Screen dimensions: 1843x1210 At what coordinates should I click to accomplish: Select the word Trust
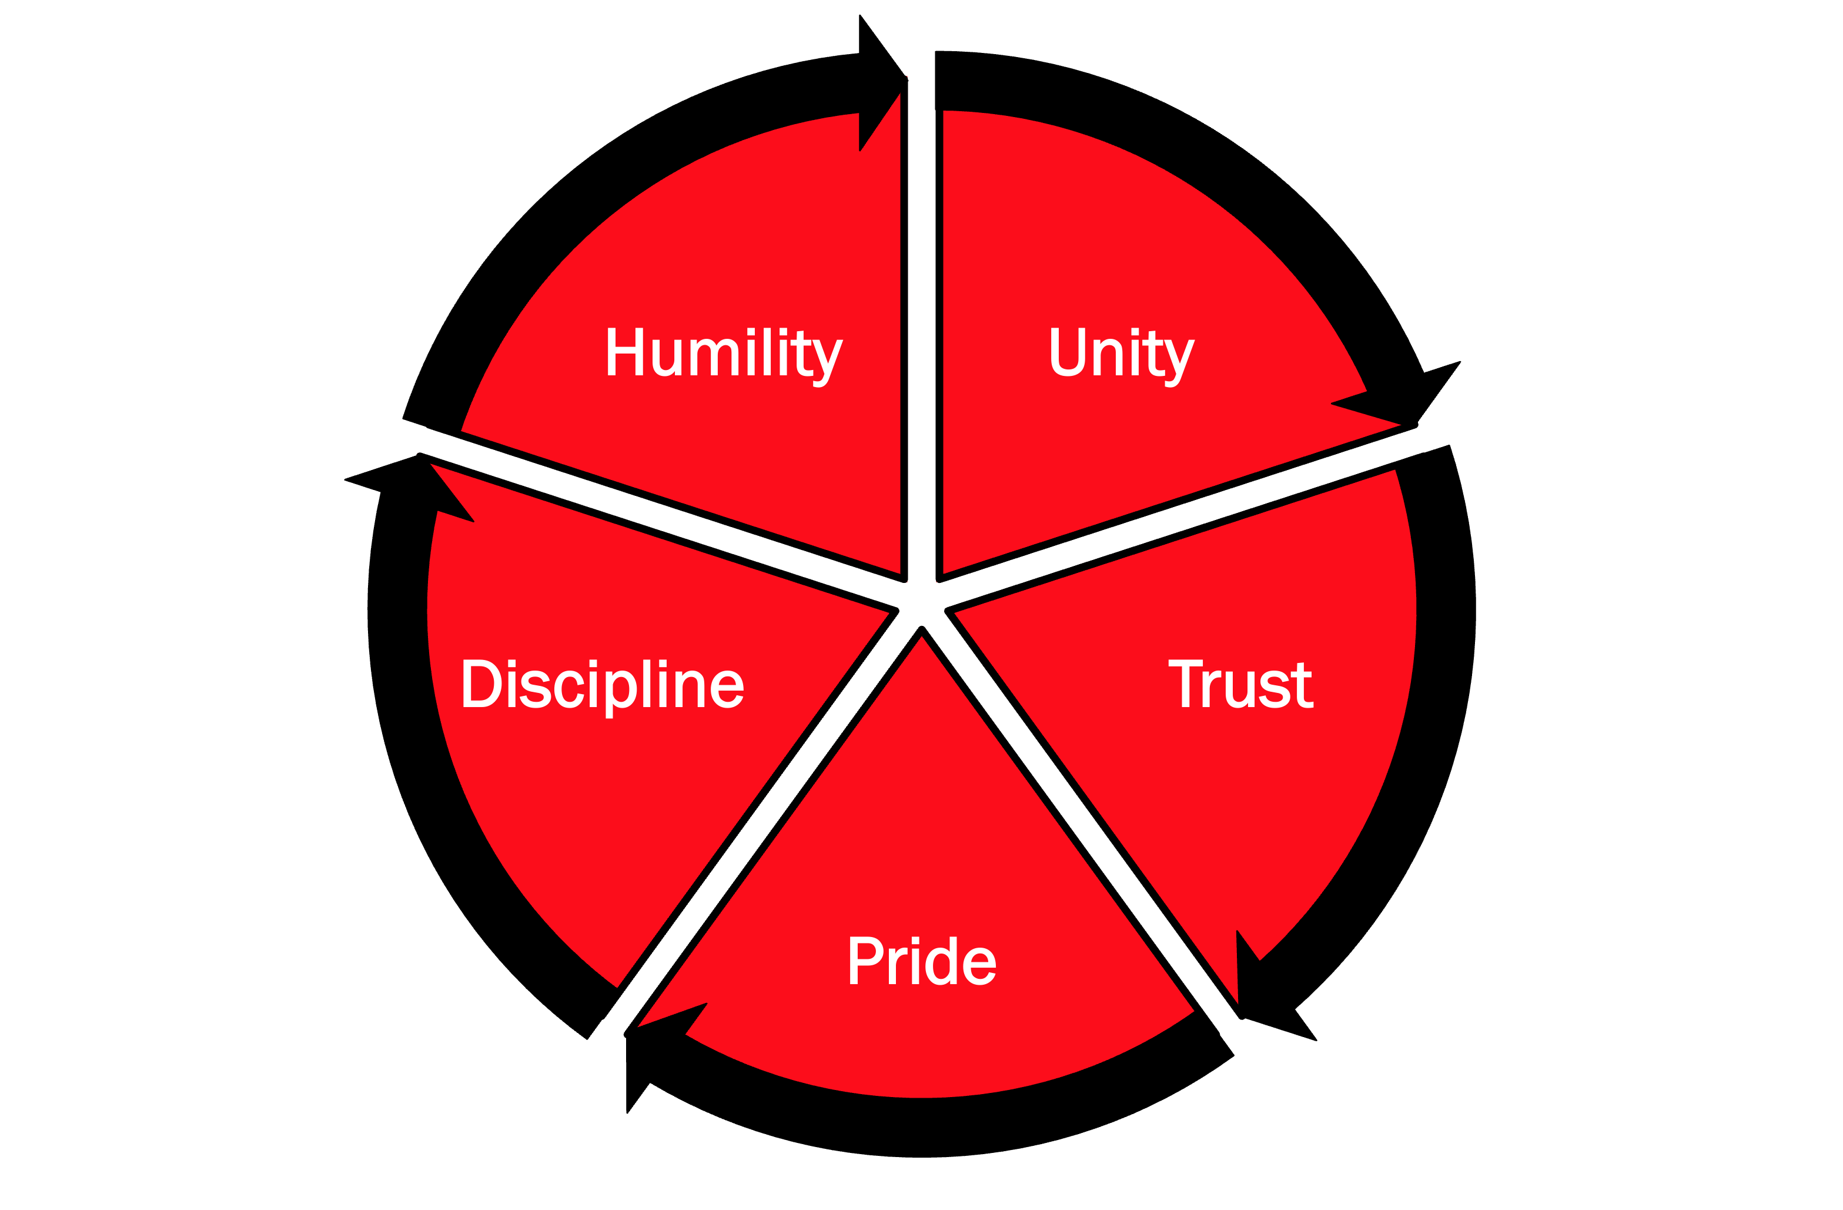(1240, 684)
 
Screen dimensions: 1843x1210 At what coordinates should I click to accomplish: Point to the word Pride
(922, 961)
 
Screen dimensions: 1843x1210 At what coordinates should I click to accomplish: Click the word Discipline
(603, 685)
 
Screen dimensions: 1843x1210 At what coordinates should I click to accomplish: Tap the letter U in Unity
(1068, 352)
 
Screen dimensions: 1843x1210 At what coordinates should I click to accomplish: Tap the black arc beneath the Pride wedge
(922, 1127)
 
